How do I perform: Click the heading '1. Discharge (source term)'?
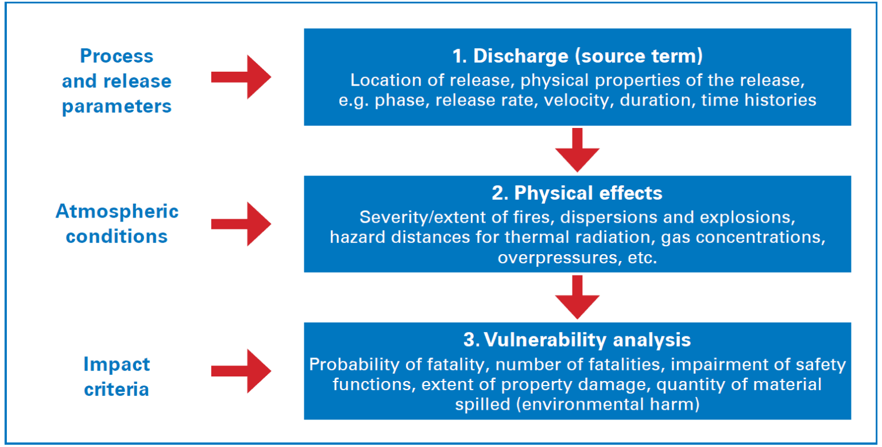point(577,57)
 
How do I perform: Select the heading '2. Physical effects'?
point(577,193)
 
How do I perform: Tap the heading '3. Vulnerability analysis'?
point(577,340)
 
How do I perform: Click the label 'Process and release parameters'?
point(117,81)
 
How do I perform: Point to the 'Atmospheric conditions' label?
point(117,224)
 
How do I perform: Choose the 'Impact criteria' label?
point(117,376)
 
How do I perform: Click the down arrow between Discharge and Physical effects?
point(577,149)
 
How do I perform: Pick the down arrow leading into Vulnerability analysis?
point(577,296)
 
